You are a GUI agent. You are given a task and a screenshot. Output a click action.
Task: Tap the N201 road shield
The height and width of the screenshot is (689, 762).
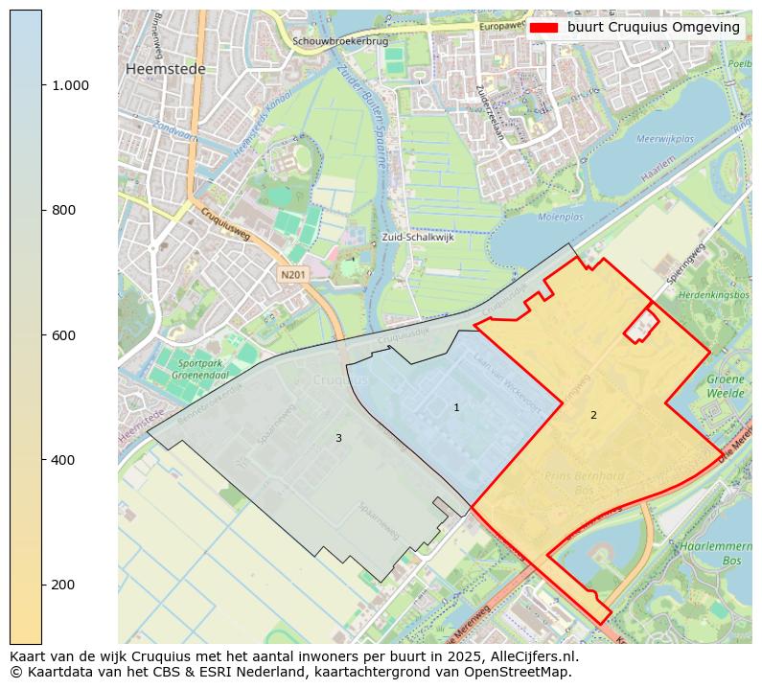coord(293,275)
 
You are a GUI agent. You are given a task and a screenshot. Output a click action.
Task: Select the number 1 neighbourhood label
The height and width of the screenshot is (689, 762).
coord(456,408)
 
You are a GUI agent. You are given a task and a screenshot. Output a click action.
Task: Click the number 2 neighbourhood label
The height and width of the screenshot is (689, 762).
coord(593,415)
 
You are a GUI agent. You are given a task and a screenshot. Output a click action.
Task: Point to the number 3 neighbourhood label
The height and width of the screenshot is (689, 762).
coord(338,438)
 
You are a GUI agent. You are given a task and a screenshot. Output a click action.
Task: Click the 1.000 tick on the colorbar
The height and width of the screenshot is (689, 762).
coord(70,85)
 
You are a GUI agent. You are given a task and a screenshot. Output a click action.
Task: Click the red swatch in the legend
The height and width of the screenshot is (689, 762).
coord(543,28)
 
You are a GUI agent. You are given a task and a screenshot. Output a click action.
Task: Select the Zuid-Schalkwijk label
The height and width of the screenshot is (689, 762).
coord(417,237)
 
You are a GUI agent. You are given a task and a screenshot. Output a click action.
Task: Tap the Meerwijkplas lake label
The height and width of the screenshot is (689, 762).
coord(664,139)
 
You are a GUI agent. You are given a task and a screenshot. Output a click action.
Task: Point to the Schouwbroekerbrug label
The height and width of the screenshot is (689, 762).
coord(340,41)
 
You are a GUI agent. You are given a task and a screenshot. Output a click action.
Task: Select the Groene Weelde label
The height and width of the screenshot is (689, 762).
coord(726,385)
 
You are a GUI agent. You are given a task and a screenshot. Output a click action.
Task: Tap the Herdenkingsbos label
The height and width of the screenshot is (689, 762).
coord(714,295)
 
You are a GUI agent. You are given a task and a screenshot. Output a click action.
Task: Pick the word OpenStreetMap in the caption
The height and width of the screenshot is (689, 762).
coord(522,672)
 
